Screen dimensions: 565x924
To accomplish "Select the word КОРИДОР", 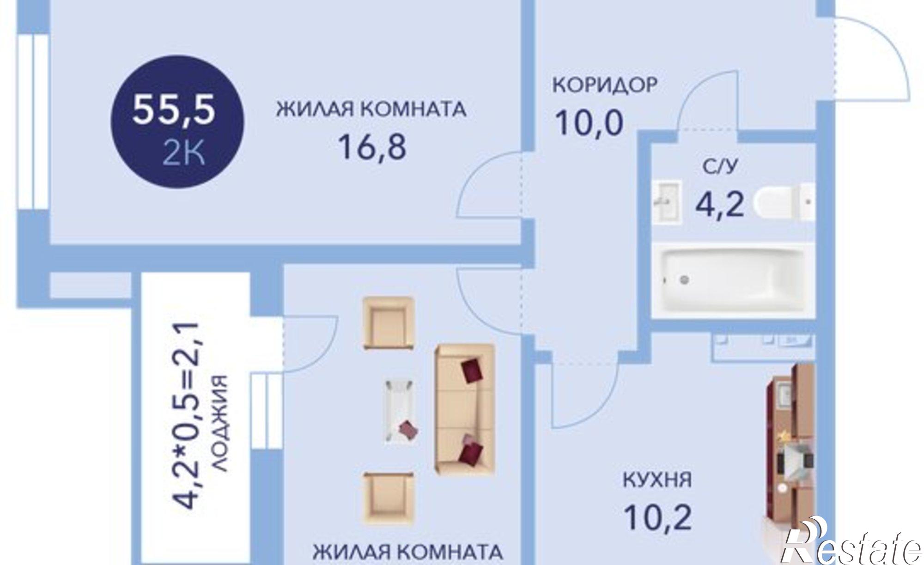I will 604,85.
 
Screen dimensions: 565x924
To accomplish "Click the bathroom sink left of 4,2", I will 667,202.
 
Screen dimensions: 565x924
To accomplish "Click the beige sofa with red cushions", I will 464,408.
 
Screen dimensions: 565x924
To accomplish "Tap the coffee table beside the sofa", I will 399,411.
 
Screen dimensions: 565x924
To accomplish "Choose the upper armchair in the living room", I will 388,323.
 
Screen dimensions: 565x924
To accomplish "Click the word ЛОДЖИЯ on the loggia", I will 221,423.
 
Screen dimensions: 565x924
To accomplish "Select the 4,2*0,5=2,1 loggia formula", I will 189,416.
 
